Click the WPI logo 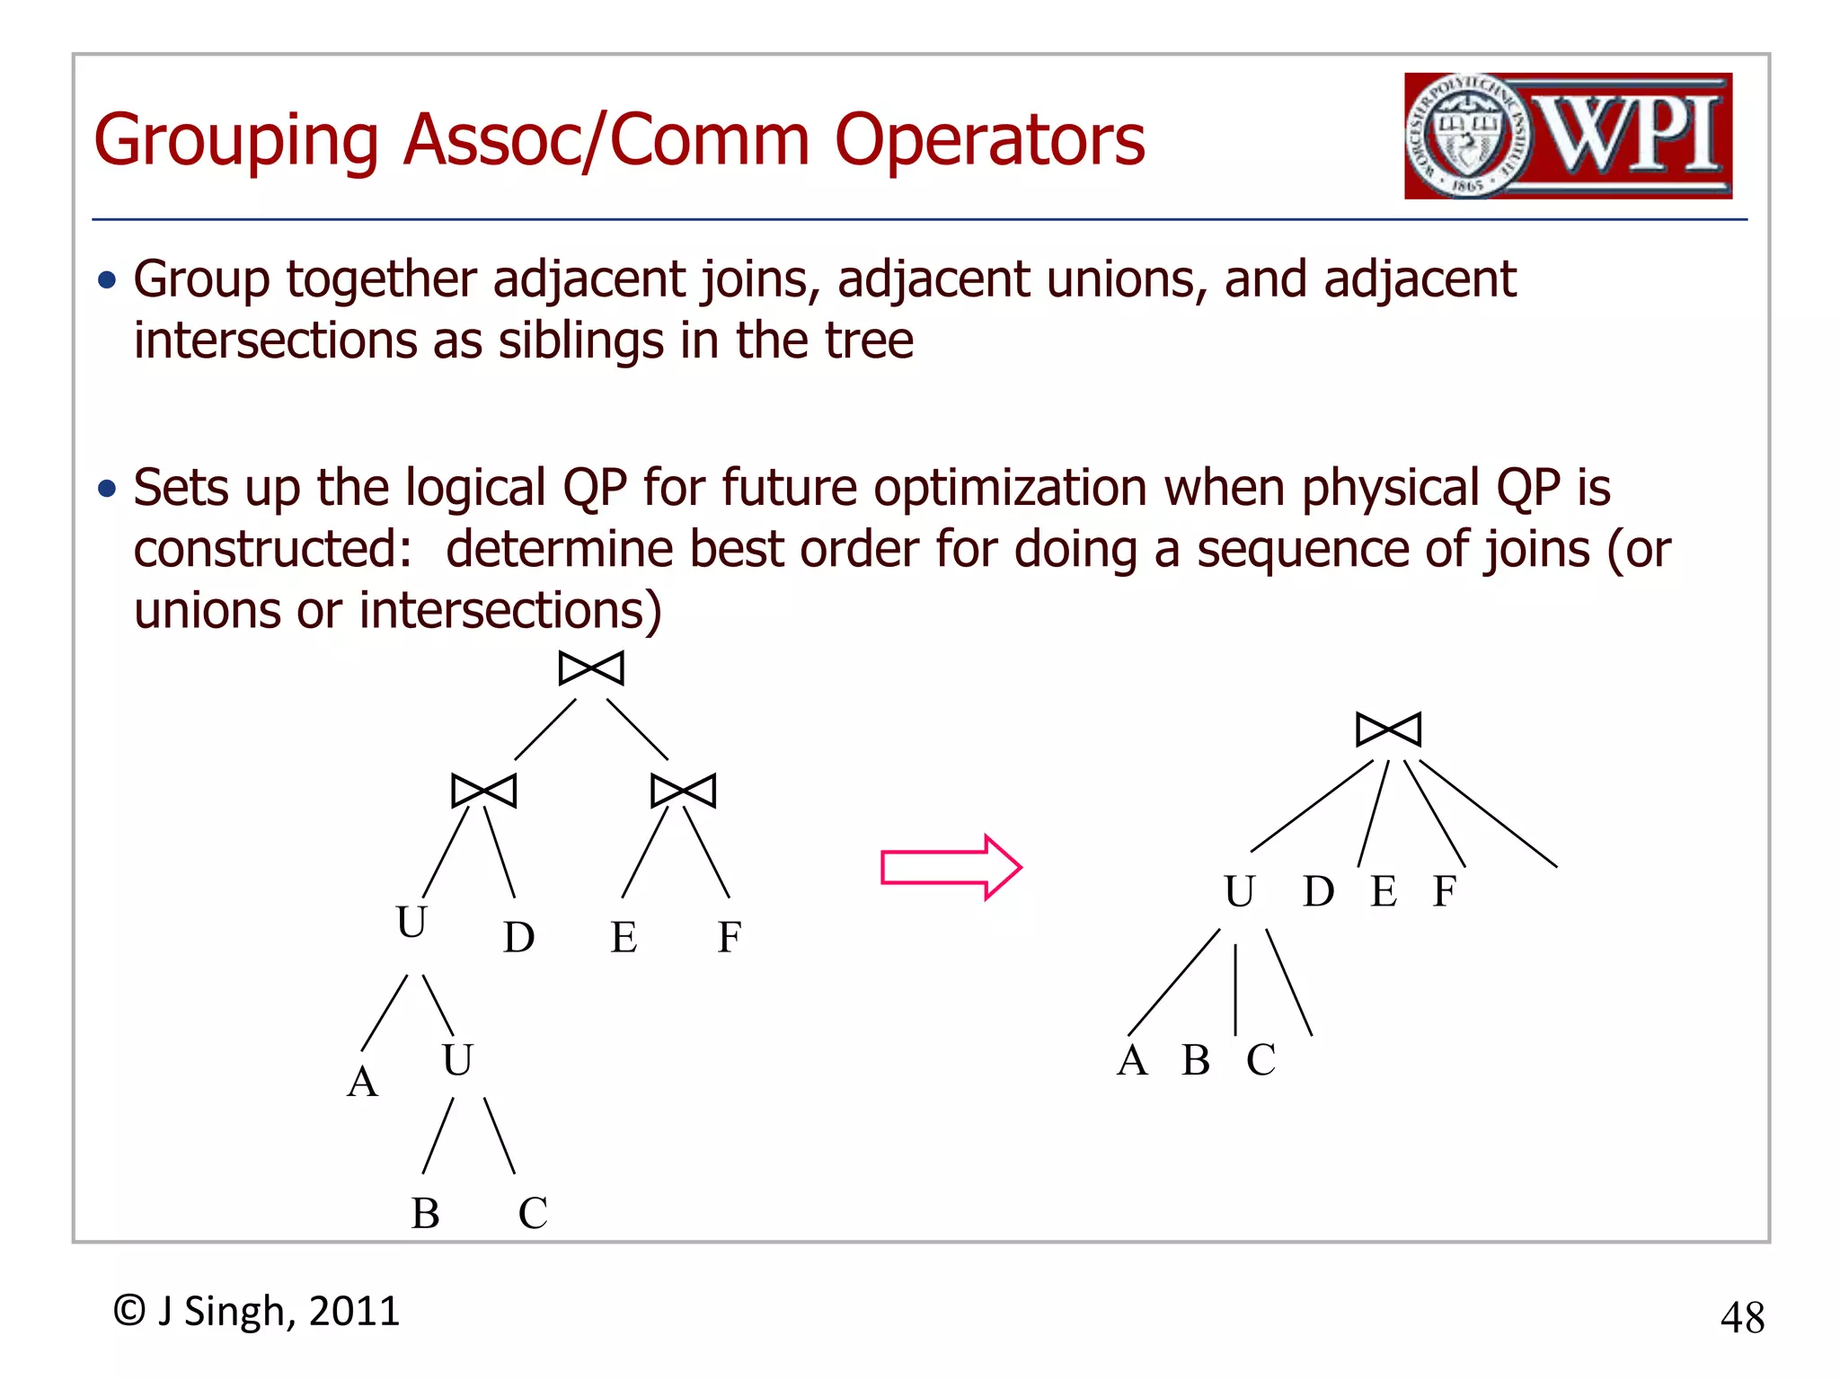click(1568, 136)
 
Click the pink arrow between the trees click(951, 867)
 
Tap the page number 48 click(1742, 1318)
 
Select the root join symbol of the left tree click(590, 668)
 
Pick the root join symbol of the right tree click(1388, 729)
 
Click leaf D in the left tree click(518, 938)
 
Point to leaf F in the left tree click(729, 938)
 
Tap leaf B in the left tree click(425, 1214)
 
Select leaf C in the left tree click(532, 1214)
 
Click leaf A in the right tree click(1132, 1061)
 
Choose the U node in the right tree click(1239, 892)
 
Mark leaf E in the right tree click(1383, 892)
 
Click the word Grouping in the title click(236, 141)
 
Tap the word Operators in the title click(989, 141)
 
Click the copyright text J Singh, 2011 click(256, 1312)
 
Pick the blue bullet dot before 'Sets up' click(108, 489)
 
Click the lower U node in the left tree click(456, 1060)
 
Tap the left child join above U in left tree click(483, 791)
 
